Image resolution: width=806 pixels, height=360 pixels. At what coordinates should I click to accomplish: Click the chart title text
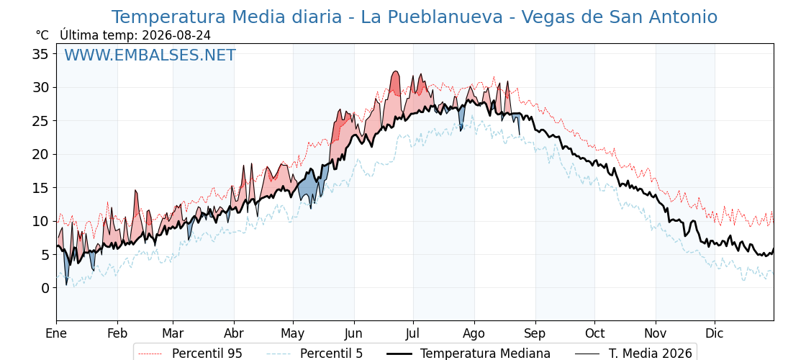pyautogui.click(x=415, y=17)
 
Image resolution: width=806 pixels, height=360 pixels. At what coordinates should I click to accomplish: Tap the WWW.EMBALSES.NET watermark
pyautogui.click(x=150, y=55)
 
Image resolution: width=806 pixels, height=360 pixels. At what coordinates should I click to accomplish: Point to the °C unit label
pyautogui.click(x=42, y=35)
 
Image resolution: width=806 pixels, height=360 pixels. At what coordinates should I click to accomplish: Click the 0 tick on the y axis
pyautogui.click(x=46, y=288)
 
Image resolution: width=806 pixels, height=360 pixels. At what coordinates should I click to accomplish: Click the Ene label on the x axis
pyautogui.click(x=57, y=333)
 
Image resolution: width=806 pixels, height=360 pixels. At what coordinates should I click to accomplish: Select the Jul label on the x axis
pyautogui.click(x=413, y=333)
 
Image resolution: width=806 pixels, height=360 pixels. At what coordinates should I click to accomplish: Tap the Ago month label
pyautogui.click(x=474, y=333)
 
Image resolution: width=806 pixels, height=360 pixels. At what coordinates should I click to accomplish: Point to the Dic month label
pyautogui.click(x=715, y=333)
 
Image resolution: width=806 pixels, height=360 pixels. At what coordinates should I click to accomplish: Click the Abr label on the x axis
pyautogui.click(x=234, y=333)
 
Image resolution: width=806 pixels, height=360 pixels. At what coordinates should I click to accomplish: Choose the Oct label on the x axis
pyautogui.click(x=594, y=333)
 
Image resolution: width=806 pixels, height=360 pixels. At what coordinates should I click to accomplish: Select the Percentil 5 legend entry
pyautogui.click(x=314, y=354)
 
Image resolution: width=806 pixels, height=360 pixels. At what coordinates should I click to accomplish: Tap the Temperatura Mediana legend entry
pyautogui.click(x=468, y=354)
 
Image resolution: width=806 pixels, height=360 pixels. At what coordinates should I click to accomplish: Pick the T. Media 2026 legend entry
pyautogui.click(x=634, y=354)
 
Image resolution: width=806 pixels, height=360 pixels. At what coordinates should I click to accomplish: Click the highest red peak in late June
pyautogui.click(x=395, y=71)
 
